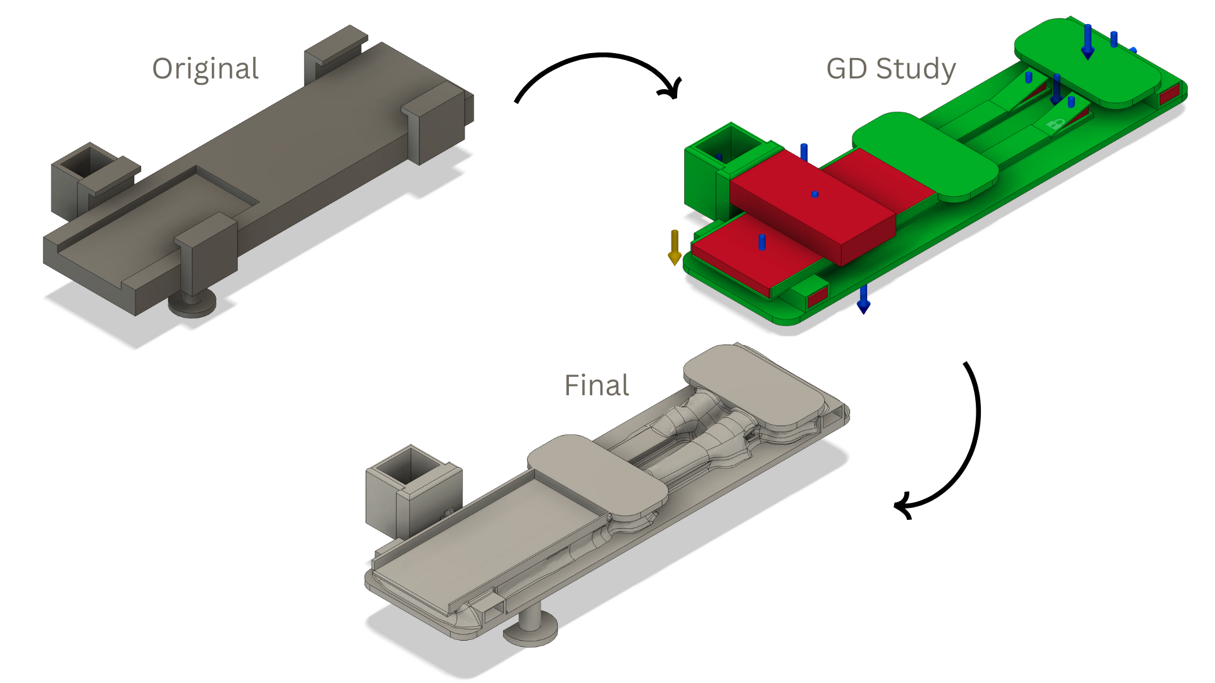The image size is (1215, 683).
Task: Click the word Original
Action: (205, 68)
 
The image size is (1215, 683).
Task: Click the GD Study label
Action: (890, 68)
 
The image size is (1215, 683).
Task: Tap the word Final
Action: (596, 385)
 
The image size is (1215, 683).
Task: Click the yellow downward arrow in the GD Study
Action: (675, 247)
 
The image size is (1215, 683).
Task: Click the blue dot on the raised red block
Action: (815, 194)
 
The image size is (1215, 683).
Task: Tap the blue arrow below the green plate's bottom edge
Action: (863, 300)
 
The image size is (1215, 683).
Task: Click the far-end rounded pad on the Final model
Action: (753, 386)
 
